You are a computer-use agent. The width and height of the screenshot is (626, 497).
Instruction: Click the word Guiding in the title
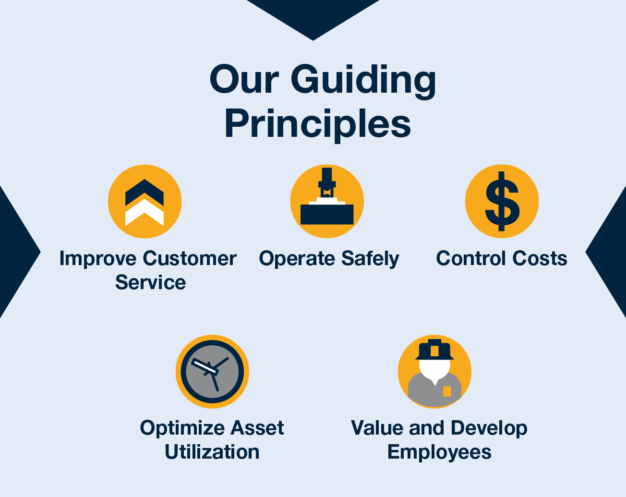point(363,80)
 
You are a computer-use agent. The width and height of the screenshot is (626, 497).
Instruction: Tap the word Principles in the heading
point(317,124)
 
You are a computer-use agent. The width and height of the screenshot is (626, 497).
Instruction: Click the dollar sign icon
point(502,201)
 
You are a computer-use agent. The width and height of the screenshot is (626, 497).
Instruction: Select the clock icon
point(212,372)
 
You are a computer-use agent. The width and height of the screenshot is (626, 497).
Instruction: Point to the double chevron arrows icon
point(144,202)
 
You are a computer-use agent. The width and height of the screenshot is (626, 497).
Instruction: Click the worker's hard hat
point(434,350)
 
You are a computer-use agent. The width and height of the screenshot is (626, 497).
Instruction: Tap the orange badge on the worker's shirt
point(447,391)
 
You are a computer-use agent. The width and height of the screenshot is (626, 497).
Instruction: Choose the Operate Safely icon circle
point(327,201)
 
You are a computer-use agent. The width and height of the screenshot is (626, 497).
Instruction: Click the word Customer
point(190,258)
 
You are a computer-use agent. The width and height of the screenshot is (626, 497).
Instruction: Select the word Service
point(150,282)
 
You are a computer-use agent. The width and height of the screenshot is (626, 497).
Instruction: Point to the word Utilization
point(212,452)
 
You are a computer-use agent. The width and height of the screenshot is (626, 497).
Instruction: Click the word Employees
point(439,452)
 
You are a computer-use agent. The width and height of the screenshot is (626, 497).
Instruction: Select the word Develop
point(489,428)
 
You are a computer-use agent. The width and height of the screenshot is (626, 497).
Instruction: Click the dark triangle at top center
point(313,17)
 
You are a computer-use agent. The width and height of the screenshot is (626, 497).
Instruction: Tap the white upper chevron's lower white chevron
point(144,213)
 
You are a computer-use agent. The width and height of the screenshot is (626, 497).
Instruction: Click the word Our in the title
point(244,80)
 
